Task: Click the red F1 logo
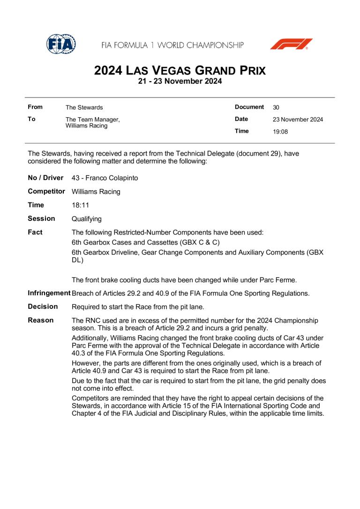291,45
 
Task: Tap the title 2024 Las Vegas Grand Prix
180,71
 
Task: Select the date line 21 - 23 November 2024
180,82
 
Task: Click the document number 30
276,107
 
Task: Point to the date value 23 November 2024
298,120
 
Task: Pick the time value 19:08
280,132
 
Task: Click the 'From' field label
35,107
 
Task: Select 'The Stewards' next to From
84,108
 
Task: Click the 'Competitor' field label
46,191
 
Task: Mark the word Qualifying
87,219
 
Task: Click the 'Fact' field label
35,232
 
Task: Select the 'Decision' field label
43,307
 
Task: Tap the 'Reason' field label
41,320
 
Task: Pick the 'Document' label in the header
249,107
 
